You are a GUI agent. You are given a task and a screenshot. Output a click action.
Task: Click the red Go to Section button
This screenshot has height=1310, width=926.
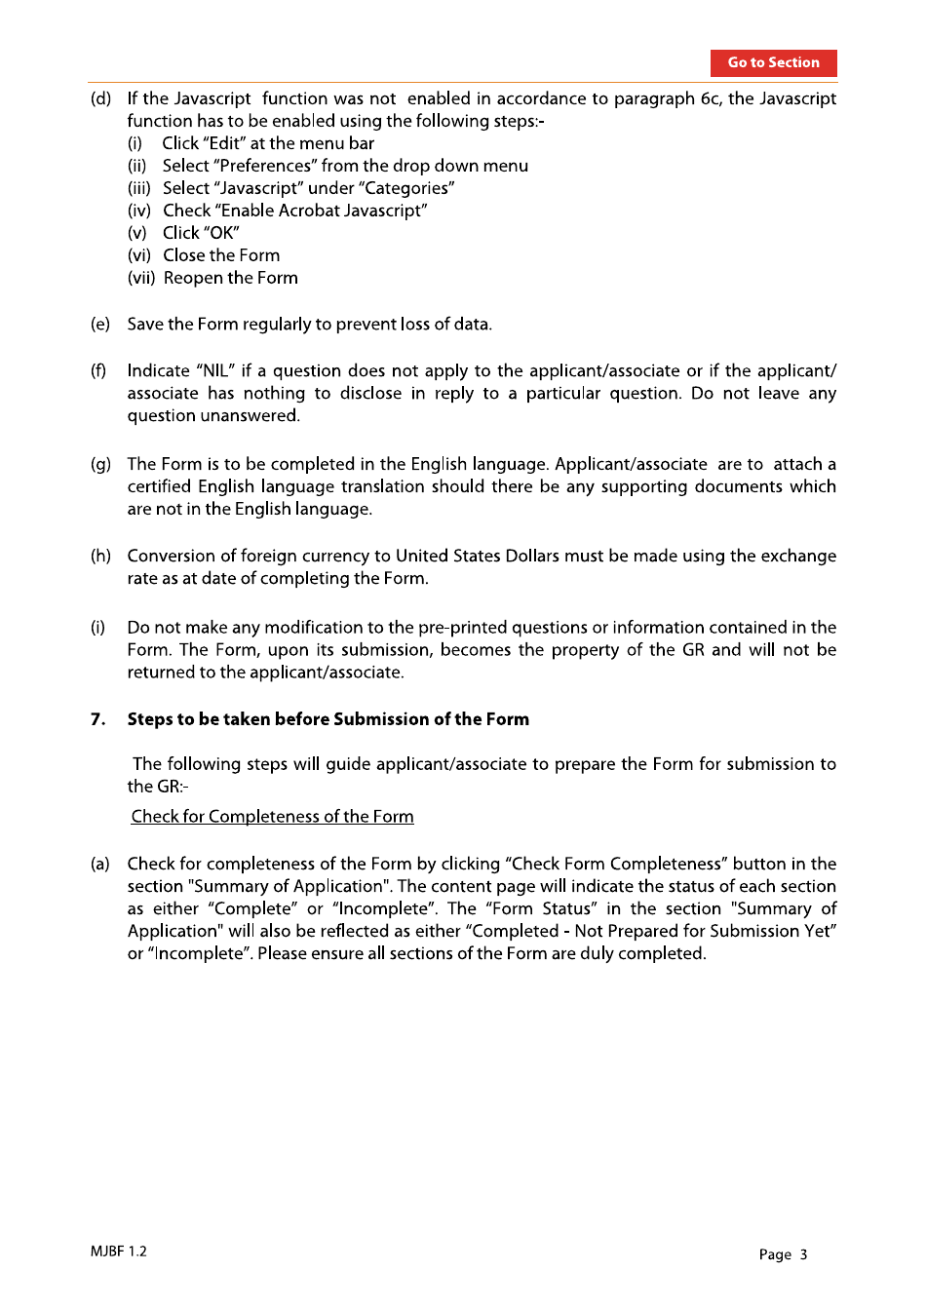[x=773, y=62]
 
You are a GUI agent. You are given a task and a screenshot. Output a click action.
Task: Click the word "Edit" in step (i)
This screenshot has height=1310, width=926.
[x=224, y=143]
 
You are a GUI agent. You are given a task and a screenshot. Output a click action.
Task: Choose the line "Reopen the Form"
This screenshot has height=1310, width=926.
[x=231, y=278]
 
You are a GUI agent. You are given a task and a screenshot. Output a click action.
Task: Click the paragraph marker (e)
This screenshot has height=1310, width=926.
[x=100, y=324]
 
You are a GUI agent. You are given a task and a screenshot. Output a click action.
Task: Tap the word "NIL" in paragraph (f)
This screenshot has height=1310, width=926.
[x=215, y=370]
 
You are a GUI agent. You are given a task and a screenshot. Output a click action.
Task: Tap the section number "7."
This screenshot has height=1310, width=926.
[x=97, y=719]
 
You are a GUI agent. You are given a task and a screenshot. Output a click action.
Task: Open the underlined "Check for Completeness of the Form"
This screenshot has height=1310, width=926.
[x=272, y=817]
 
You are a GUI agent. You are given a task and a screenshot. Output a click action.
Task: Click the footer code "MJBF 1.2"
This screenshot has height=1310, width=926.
[x=118, y=1252]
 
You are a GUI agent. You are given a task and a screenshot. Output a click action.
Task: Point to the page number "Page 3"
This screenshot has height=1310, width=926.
[x=783, y=1254]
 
